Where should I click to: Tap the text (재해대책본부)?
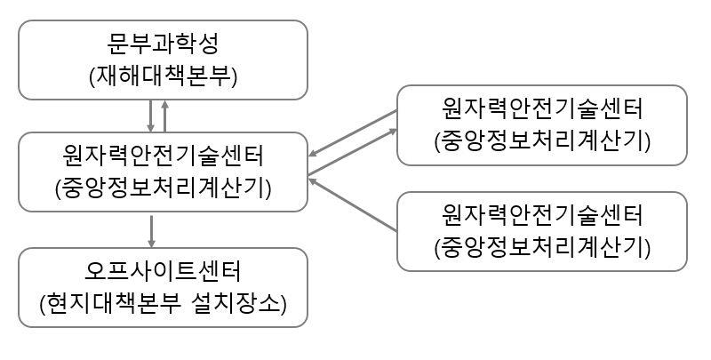[163, 75]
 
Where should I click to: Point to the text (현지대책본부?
[111, 302]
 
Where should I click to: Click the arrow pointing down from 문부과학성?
[151, 115]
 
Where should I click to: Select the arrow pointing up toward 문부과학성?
[165, 115]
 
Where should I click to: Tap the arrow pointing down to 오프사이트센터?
[151, 230]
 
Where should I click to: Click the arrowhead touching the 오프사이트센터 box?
[151, 243]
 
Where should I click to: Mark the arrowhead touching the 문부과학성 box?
[165, 103]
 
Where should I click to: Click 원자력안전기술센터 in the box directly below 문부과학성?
[163, 155]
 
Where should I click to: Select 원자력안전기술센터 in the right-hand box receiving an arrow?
[542, 108]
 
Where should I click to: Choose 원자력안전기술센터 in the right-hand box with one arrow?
[542, 214]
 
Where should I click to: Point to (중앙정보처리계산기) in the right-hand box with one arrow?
[542, 246]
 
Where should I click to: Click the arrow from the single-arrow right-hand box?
[354, 204]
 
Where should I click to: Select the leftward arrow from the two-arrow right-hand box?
[354, 134]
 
